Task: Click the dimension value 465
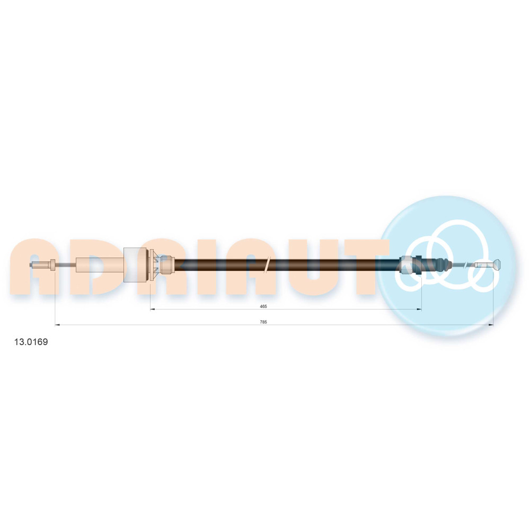[x=263, y=306]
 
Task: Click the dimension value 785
[x=263, y=322]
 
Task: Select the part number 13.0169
[x=31, y=342]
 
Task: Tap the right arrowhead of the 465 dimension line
[x=419, y=309]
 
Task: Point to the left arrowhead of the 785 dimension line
[x=57, y=325]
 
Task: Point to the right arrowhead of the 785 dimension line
[x=491, y=325]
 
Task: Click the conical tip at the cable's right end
[x=497, y=264]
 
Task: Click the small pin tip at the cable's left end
[x=31, y=264]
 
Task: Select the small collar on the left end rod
[x=52, y=264]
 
